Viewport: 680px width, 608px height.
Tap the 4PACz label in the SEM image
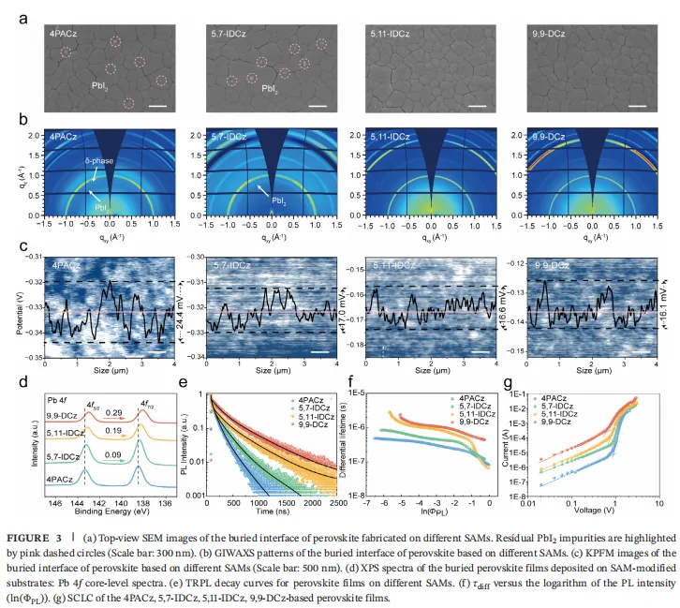point(65,36)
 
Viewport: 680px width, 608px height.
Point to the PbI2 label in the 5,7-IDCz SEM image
point(270,91)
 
